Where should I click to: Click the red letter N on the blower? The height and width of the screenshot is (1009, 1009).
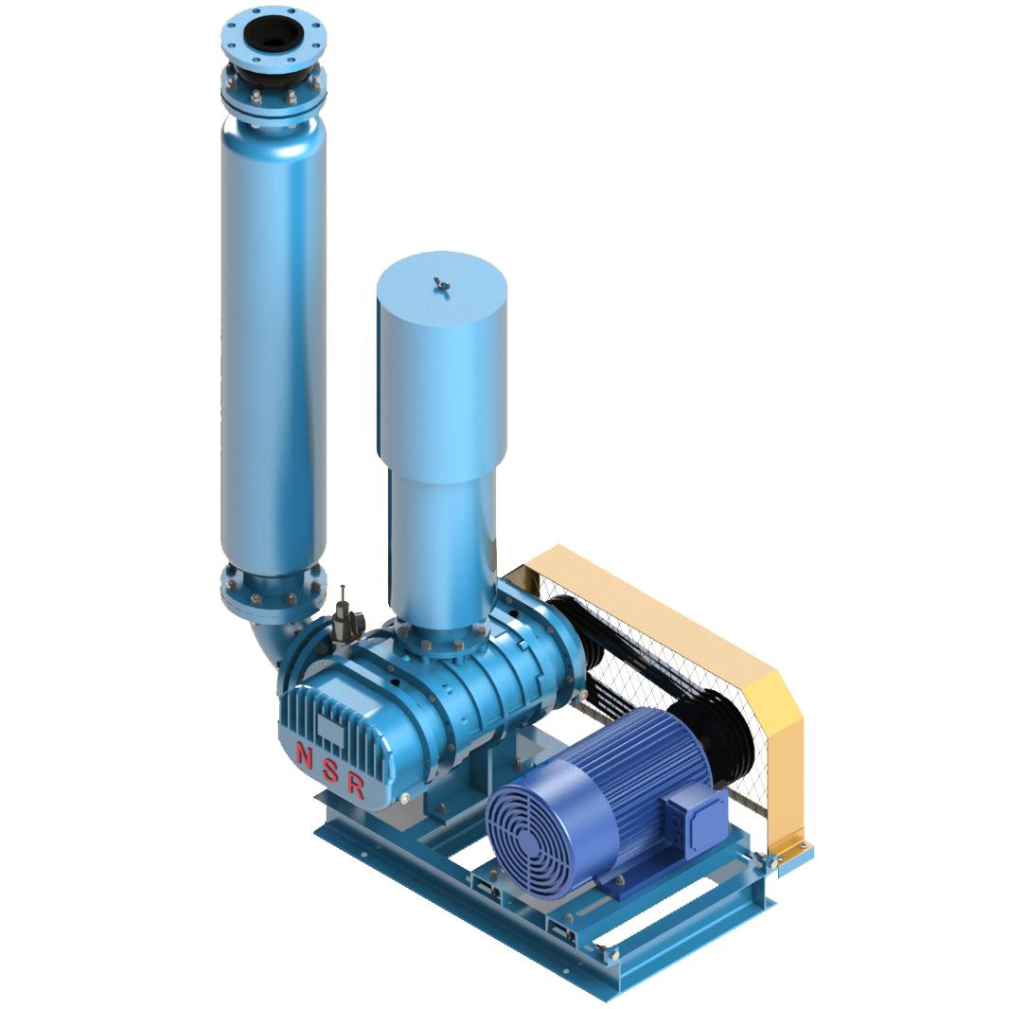click(x=303, y=754)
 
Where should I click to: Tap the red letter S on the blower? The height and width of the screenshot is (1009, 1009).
click(x=330, y=770)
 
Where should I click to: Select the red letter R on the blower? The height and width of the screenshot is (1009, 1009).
click(x=356, y=788)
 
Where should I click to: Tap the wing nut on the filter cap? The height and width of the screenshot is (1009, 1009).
click(x=441, y=283)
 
